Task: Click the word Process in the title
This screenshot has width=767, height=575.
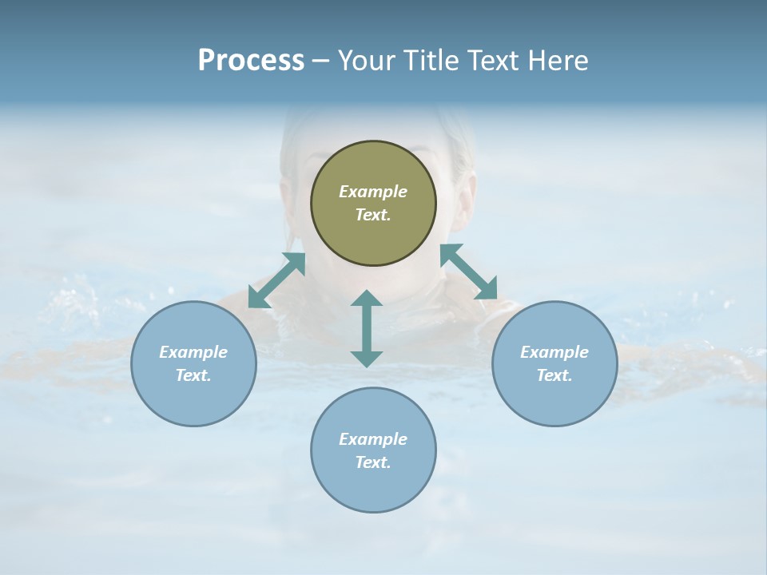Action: coord(251,61)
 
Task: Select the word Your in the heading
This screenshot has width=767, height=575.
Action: coord(364,61)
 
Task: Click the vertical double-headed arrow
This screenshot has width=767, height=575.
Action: coord(367,328)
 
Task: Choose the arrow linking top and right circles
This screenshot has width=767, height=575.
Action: coord(468,272)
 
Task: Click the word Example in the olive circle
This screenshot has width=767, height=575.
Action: coord(373,192)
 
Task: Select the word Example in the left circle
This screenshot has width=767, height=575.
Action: coord(193,352)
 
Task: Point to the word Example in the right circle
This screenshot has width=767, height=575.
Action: coord(554,352)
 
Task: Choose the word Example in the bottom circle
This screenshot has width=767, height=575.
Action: coord(373,439)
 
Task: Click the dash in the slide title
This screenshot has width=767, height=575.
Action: coord(321,61)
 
